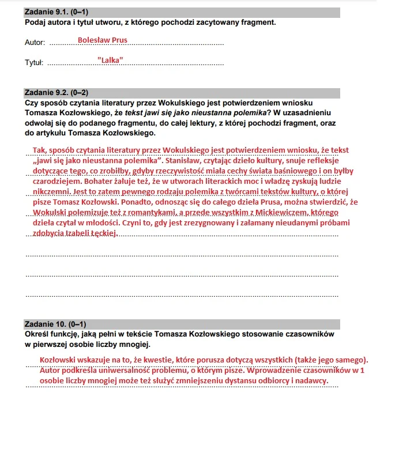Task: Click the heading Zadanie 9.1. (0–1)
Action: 57,12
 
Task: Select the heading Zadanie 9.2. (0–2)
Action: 57,92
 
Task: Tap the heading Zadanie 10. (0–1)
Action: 55,324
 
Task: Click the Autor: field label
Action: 35,43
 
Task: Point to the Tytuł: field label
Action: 34,62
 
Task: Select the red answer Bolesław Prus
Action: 102,40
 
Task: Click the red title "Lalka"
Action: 110,60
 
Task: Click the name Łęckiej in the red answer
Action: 103,233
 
